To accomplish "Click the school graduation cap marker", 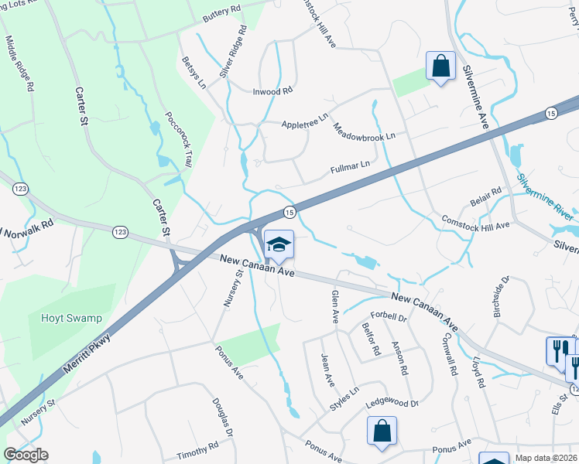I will click(279, 246).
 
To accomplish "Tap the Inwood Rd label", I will click(273, 91).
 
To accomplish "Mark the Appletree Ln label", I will click(305, 124).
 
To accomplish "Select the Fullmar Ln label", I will click(350, 165).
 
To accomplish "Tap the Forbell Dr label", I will click(389, 317).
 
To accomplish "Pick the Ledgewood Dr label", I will click(392, 403).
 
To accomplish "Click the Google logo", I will click(26, 455).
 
